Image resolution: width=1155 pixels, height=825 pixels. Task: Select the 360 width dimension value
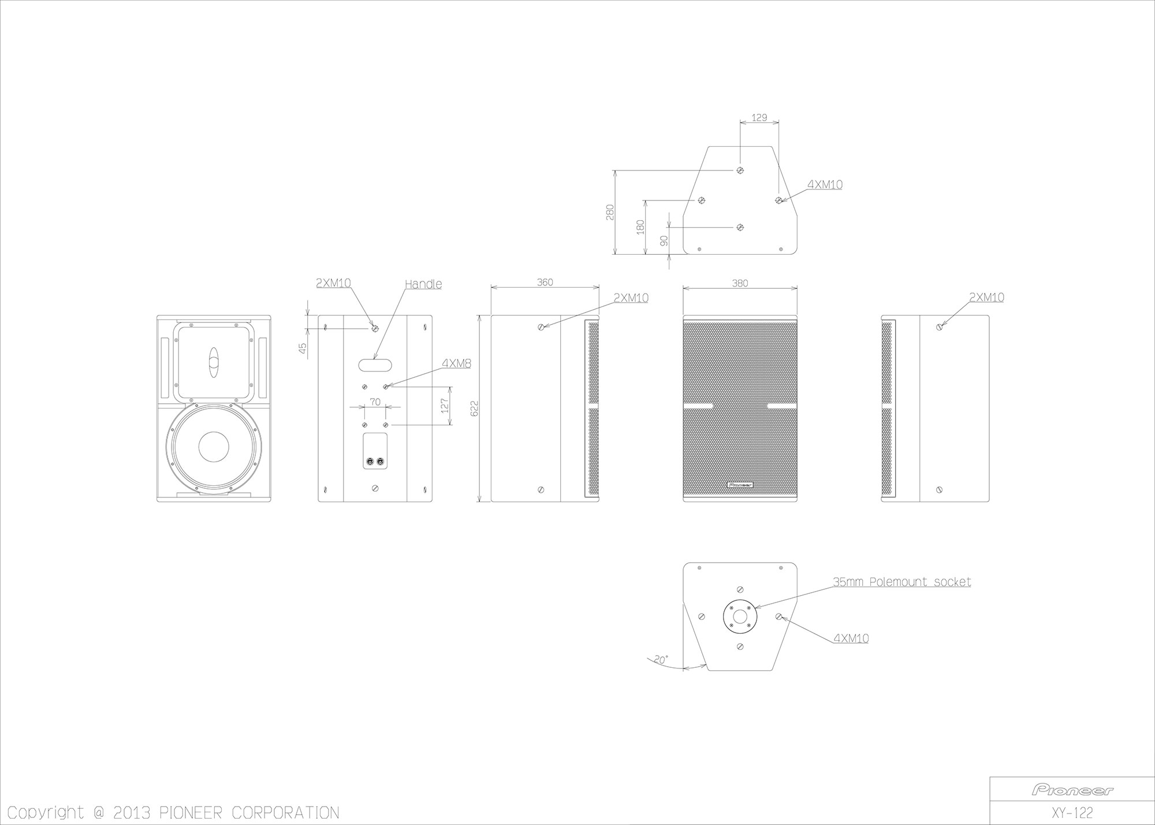coord(545,283)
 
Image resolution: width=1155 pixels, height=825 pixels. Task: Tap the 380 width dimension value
coord(740,283)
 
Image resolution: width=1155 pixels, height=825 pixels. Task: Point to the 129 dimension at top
coord(759,117)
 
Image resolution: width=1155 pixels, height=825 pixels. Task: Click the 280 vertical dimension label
coord(610,212)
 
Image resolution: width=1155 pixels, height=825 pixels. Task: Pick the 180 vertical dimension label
coord(639,226)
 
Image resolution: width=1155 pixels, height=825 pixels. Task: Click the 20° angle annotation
coord(661,659)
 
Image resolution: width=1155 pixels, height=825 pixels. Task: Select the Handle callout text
coord(423,284)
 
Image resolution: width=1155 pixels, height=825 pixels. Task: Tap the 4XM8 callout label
coord(456,363)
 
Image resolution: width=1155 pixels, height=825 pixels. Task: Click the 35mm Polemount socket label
coord(901,582)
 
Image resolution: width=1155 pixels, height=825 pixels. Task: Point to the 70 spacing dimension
coord(375,402)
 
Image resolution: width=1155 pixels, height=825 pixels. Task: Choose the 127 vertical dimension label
coord(444,405)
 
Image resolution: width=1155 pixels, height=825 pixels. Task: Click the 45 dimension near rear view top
coord(301,349)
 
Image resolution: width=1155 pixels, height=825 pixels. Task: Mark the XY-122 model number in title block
coord(1072,813)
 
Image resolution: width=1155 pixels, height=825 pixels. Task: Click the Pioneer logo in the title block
coord(1072,790)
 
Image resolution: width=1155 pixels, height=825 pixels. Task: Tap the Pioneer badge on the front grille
coord(740,484)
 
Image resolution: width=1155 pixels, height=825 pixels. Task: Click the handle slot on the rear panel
coord(375,365)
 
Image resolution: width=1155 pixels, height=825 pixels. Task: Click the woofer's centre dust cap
coord(214,447)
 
